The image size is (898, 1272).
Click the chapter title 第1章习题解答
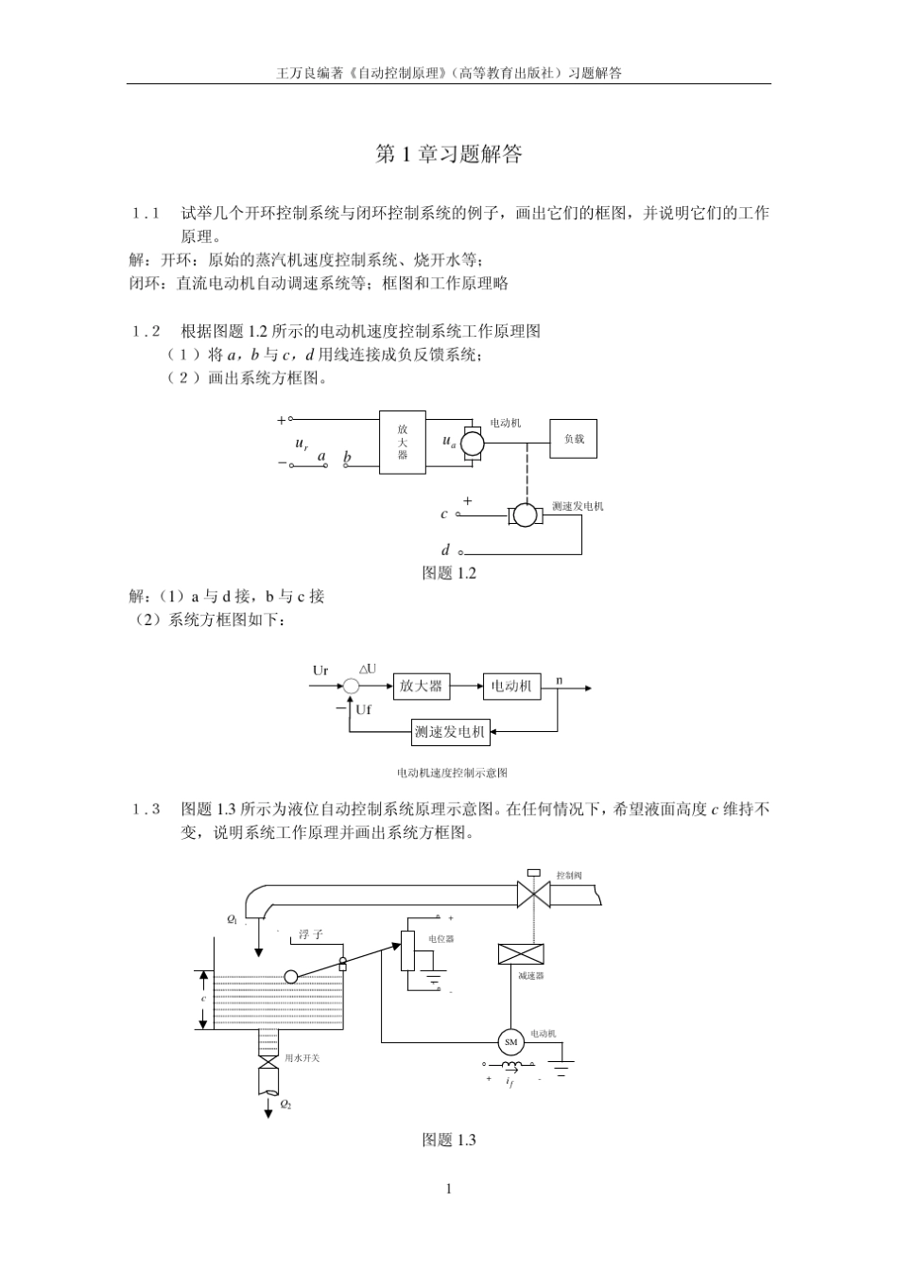(448, 154)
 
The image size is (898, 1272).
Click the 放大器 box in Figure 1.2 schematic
(403, 443)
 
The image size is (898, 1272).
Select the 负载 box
(574, 439)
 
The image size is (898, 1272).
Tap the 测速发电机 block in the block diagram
(450, 731)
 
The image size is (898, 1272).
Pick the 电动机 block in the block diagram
(511, 686)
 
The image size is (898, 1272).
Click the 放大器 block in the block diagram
(421, 686)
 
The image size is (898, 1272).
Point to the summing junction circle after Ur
(351, 687)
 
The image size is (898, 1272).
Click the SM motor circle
(510, 1042)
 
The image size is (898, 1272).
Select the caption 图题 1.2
(448, 573)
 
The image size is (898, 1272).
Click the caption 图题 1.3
(448, 1141)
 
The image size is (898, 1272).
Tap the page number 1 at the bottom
(449, 1189)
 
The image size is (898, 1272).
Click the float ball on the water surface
(291, 977)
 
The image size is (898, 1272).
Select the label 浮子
(311, 934)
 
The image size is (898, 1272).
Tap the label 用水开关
(302, 1058)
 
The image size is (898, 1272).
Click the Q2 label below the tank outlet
(285, 1104)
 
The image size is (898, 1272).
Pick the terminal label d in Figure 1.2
(445, 550)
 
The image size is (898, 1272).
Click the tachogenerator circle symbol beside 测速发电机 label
(525, 514)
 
